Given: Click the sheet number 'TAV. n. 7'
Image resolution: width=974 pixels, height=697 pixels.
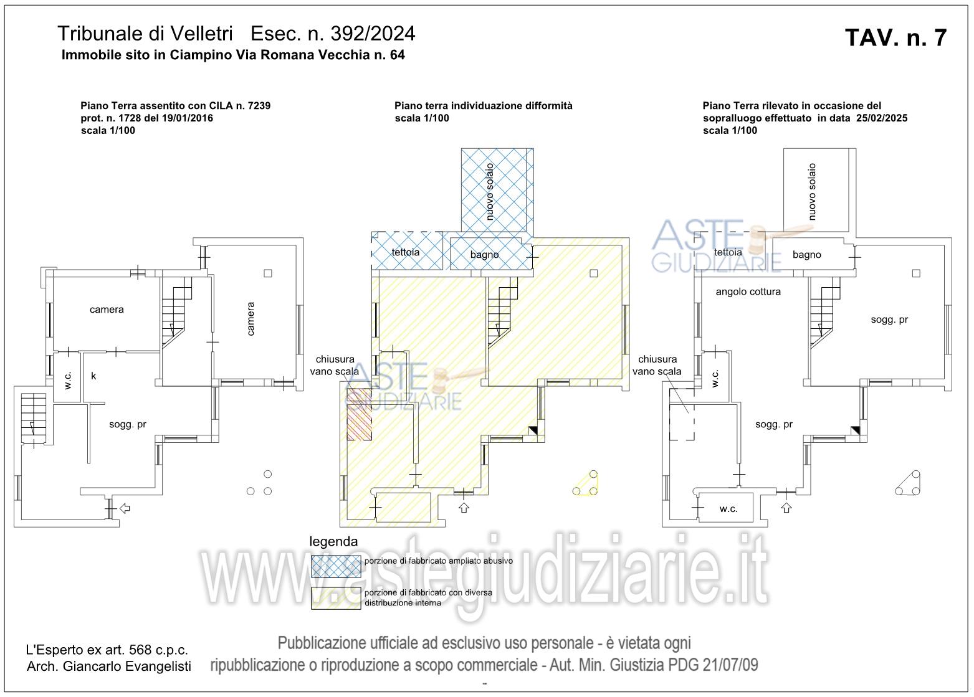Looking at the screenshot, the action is pos(895,38).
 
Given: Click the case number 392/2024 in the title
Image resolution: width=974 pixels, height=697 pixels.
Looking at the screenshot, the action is pos(373,34).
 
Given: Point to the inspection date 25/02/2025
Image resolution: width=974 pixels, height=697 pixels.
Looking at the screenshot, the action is pos(882,118).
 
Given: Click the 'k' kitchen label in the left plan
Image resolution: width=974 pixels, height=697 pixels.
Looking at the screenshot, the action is pos(93,376).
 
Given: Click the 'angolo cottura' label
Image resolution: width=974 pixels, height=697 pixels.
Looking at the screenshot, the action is pos(748,292).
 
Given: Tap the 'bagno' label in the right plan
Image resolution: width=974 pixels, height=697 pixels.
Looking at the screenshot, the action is pos(806,255).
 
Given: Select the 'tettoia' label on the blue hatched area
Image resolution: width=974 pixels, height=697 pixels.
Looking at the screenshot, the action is pos(405,252).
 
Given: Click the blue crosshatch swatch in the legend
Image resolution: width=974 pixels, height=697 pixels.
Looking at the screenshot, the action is pos(336,566).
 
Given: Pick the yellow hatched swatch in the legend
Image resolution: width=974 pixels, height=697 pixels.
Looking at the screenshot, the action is pos(336,599).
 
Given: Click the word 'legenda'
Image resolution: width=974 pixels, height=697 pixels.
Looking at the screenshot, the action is pos(333,541).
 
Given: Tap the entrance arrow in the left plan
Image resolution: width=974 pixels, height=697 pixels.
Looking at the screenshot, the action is pos(125,508).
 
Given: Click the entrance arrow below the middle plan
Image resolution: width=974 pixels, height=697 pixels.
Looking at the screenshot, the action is pos(464,507).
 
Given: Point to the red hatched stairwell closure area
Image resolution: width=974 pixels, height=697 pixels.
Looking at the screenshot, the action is pos(359,414).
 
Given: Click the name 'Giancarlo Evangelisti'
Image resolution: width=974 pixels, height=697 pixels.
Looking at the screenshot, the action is pos(127,666).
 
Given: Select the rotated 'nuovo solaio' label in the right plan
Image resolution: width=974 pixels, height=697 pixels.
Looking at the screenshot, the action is pos(811,192).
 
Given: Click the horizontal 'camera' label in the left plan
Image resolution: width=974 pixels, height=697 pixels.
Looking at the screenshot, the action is pos(107,310).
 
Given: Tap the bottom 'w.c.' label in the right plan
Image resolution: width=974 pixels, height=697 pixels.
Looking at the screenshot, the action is pos(728,509).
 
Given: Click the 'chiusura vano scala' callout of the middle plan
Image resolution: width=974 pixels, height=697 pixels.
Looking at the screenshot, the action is pos(335,365).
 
